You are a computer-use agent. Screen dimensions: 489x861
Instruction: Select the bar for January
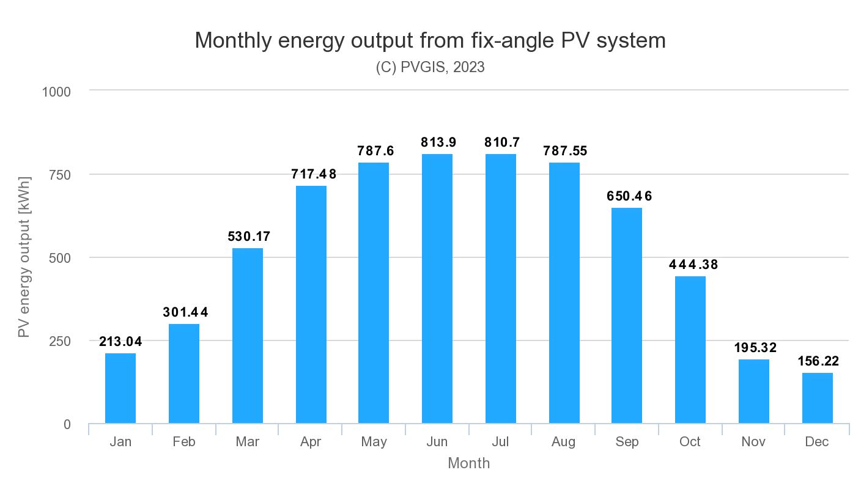point(120,388)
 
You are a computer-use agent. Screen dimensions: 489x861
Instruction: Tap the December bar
point(817,398)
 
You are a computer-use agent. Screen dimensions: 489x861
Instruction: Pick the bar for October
point(690,350)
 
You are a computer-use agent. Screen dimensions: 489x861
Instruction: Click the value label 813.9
point(437,142)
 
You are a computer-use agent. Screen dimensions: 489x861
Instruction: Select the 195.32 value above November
point(753,348)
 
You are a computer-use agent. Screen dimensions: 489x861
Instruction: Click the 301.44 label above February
point(185,312)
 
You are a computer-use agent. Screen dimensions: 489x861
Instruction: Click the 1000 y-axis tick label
point(56,92)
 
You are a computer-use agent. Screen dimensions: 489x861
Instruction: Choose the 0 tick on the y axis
point(67,424)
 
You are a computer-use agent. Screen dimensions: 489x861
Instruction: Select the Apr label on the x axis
point(311,442)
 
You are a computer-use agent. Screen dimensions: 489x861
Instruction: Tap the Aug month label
point(564,442)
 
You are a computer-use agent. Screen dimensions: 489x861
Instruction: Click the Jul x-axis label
point(501,442)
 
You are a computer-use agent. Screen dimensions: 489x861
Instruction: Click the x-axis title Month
point(468,463)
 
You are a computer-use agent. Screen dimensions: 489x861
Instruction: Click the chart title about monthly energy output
point(430,40)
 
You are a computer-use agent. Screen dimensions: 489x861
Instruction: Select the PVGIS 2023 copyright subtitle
point(430,67)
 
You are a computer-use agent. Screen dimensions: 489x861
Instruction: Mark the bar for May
point(374,293)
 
